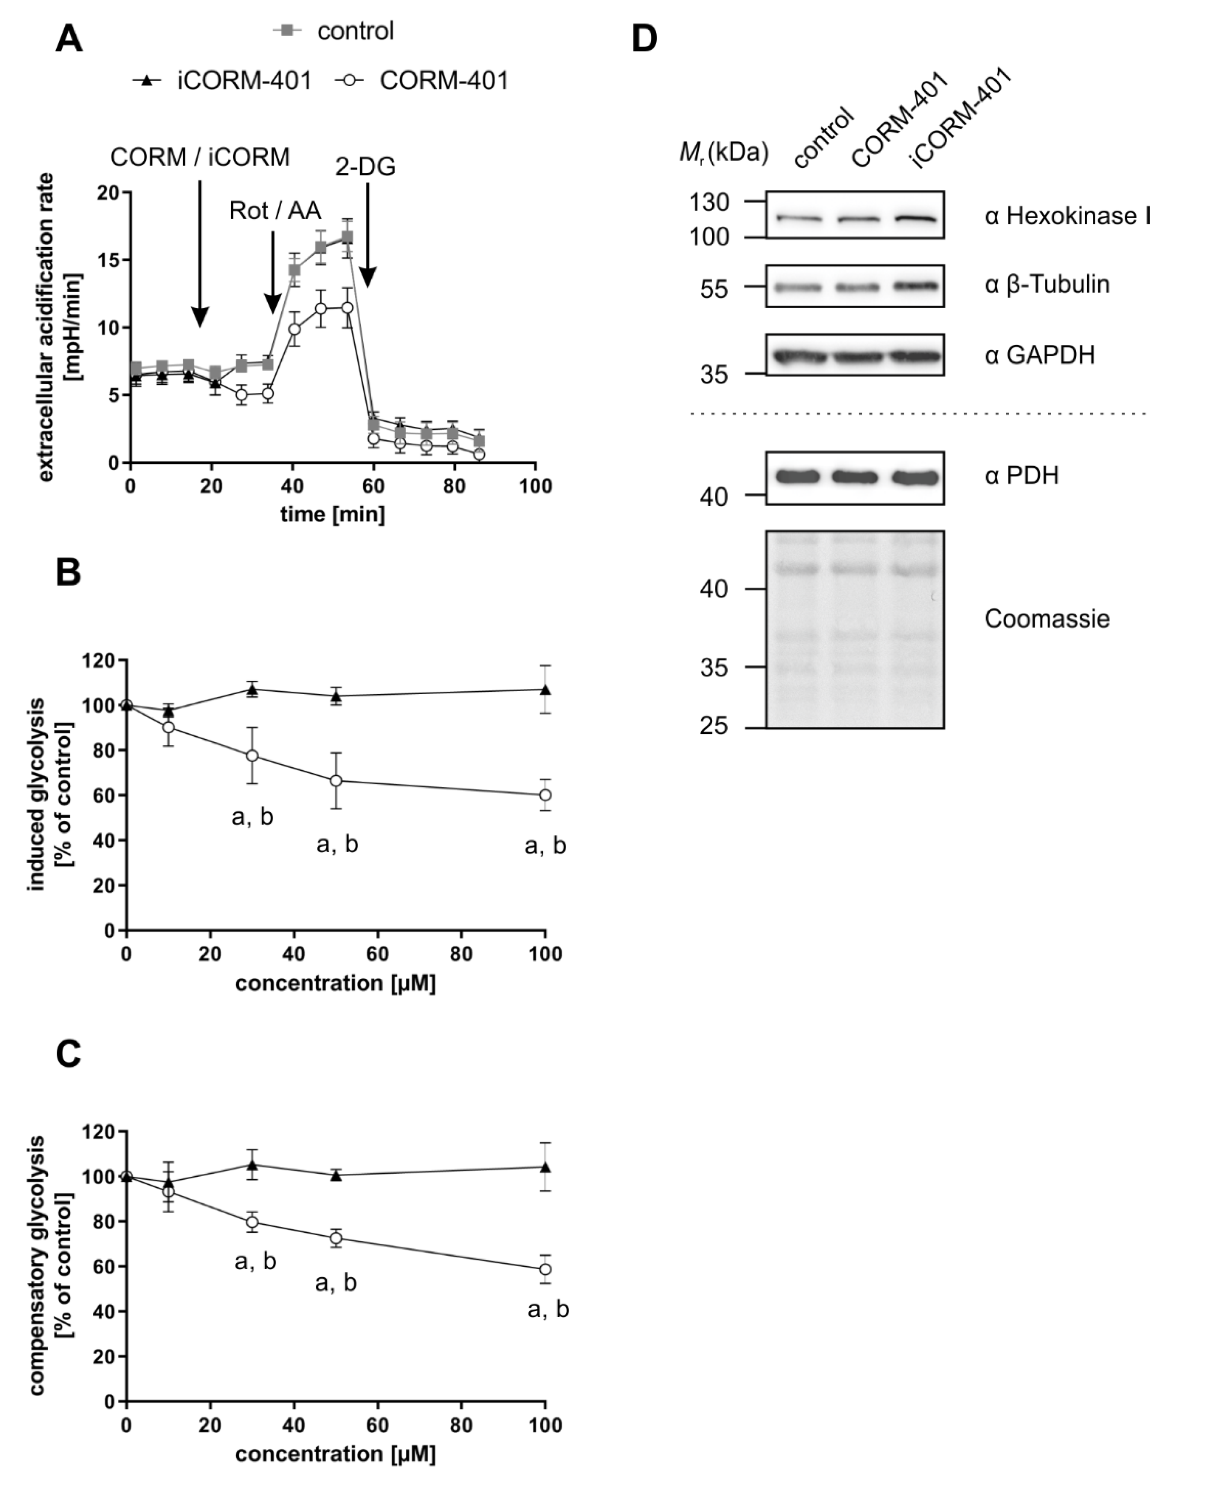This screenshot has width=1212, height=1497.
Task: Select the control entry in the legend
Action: pos(334,31)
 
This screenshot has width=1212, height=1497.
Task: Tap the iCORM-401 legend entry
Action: pos(222,81)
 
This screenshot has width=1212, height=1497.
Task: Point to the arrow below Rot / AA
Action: pos(272,272)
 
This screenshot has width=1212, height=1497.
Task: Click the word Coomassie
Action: pos(1046,619)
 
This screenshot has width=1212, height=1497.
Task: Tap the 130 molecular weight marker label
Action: pos(709,202)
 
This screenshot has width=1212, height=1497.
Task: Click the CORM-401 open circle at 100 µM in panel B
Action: pos(545,794)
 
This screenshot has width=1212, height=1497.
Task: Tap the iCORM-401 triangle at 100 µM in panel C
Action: pos(545,1167)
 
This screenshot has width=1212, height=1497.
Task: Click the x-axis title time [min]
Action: pos(332,515)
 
